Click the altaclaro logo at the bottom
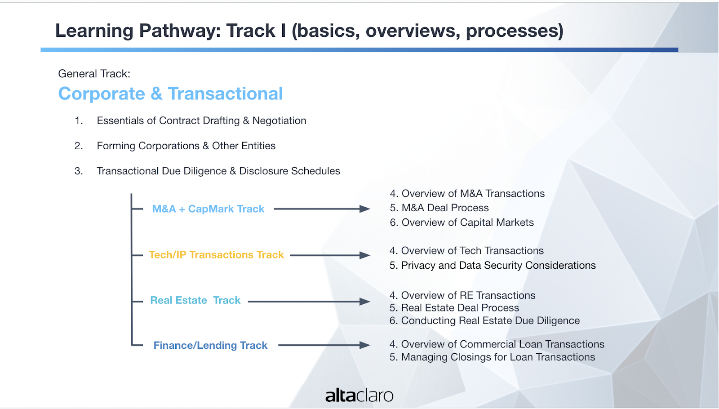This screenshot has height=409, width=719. [359, 395]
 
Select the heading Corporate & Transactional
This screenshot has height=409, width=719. [170, 93]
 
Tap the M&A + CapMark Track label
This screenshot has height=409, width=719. [208, 209]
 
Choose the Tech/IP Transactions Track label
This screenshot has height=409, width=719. [216, 254]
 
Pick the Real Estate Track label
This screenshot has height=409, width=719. [195, 300]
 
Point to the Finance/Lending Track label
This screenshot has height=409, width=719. [210, 345]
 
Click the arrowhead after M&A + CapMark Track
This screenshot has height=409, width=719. [364, 209]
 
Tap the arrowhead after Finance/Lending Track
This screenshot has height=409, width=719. [364, 345]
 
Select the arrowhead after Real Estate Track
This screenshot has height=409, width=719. [364, 302]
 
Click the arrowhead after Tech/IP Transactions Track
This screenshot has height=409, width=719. [364, 255]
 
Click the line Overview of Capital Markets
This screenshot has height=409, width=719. [462, 222]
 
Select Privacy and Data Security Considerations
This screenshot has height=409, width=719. [493, 266]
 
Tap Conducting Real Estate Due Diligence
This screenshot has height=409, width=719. [485, 321]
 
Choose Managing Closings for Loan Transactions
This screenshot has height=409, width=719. [493, 357]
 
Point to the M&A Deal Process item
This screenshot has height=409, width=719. [439, 208]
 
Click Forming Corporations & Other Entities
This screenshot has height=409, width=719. [186, 146]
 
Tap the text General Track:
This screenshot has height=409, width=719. [94, 74]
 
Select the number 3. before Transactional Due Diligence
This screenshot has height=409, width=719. [79, 171]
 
